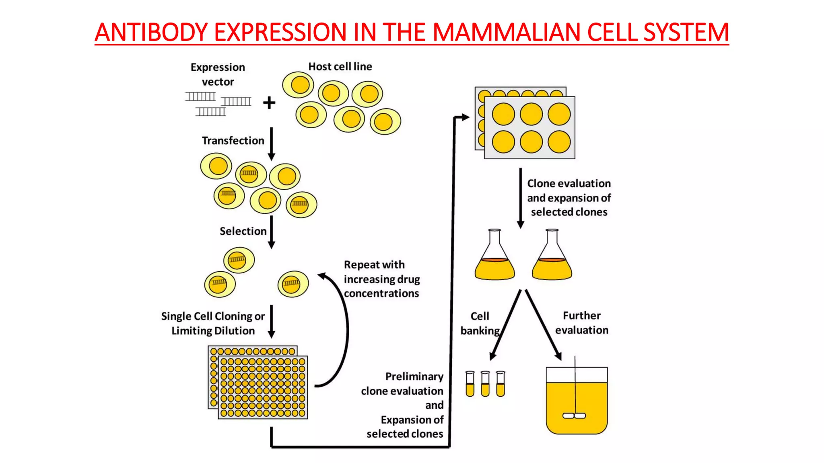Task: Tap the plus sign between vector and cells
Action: (269, 103)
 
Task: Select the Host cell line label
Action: (340, 66)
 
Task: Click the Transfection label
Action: (233, 141)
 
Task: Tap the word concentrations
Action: (381, 293)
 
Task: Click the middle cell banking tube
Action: (485, 384)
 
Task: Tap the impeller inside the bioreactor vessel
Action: (574, 416)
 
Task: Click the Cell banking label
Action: (480, 323)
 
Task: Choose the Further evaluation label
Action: (582, 323)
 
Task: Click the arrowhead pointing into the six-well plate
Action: (465, 117)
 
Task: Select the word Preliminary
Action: (414, 377)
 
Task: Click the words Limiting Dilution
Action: (213, 331)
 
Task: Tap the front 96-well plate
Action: (263, 387)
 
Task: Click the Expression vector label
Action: (218, 74)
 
